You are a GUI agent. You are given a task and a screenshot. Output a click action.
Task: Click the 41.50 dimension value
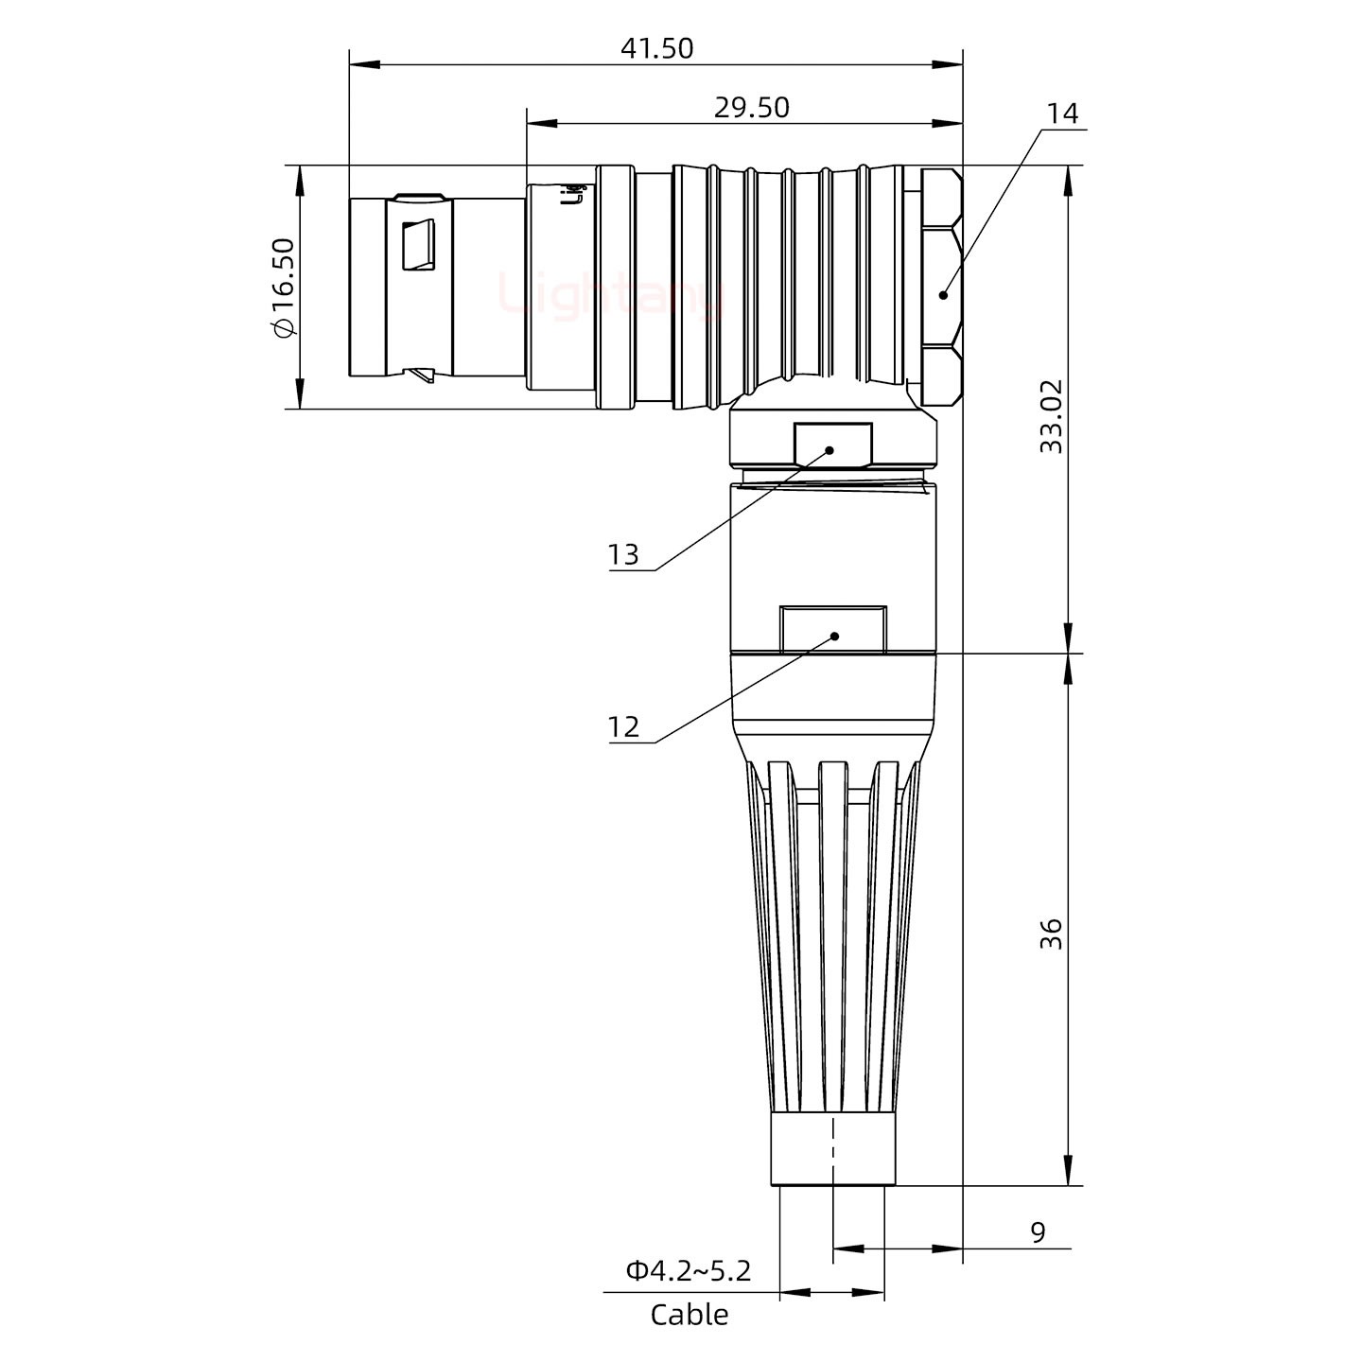[x=656, y=48]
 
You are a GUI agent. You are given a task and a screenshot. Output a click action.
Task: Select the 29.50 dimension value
[x=751, y=108]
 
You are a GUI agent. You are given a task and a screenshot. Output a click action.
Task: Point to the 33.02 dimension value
[x=1051, y=416]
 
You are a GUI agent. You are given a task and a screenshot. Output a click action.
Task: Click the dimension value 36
[x=1051, y=934]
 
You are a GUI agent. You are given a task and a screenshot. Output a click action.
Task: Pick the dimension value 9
[x=1038, y=1232]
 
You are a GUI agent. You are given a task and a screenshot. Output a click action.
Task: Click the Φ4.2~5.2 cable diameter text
[x=688, y=1270]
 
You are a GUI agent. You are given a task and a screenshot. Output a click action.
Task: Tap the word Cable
[x=689, y=1315]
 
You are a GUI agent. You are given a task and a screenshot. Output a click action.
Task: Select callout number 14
[x=1062, y=113]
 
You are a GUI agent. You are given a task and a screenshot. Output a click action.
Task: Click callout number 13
[x=623, y=554]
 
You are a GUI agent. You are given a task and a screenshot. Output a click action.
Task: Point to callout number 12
[x=623, y=726]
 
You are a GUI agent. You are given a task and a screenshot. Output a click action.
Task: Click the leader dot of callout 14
[x=943, y=295]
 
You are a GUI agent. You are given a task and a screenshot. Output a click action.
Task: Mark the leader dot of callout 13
[x=830, y=450]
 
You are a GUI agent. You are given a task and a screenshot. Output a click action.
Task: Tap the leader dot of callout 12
[x=834, y=636]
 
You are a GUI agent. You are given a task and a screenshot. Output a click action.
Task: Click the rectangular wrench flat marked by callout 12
[x=832, y=629]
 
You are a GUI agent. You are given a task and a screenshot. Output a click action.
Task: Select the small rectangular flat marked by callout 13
[x=832, y=445]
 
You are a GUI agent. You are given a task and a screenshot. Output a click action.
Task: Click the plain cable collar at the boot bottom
[x=832, y=1149]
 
